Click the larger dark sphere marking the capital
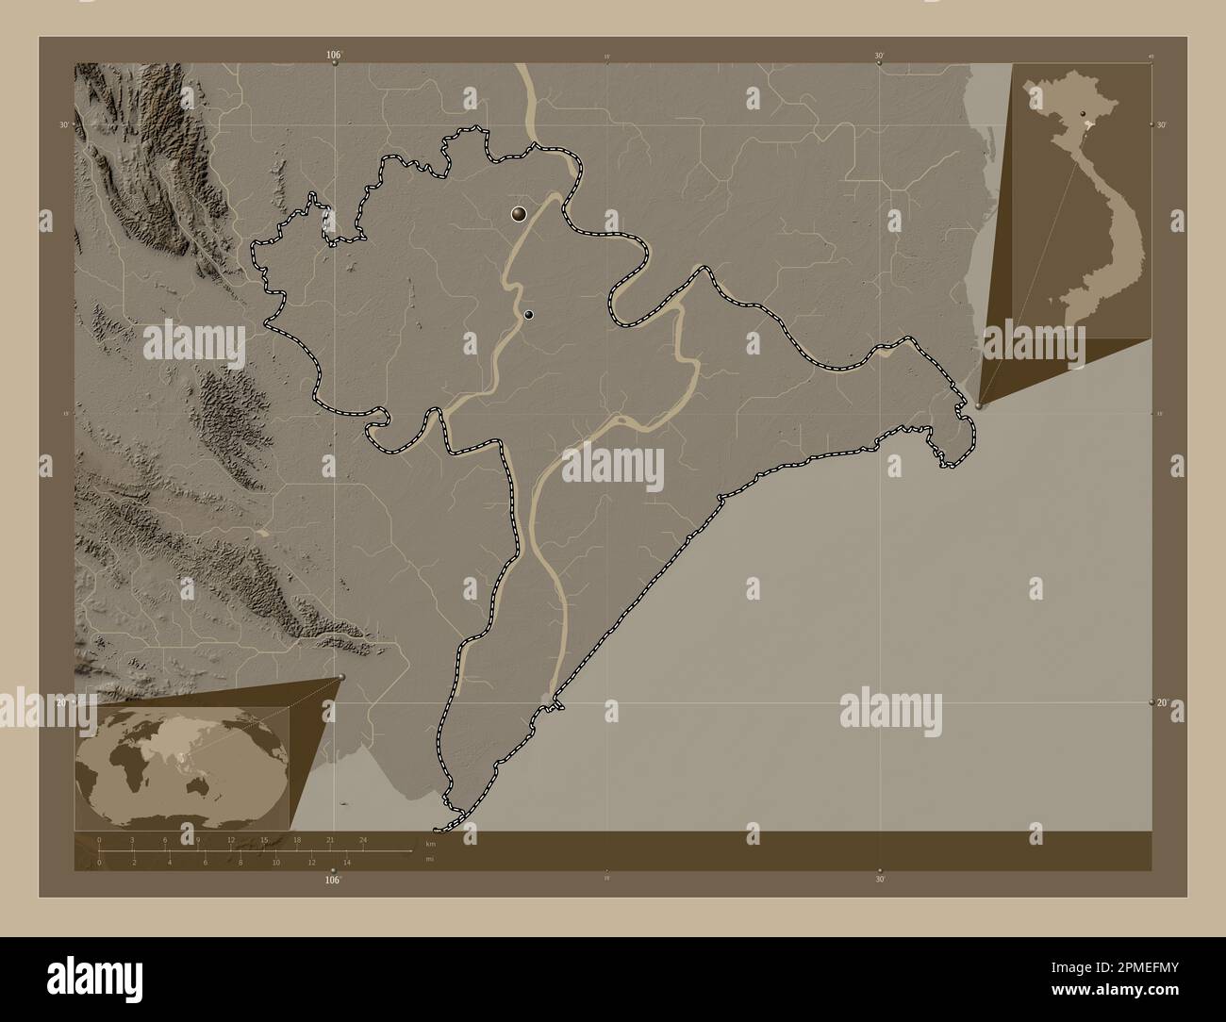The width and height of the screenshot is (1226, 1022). click(519, 214)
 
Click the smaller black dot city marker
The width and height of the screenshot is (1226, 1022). click(529, 315)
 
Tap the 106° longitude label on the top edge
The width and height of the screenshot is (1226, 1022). click(334, 56)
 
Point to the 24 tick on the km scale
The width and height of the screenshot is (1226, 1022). click(362, 839)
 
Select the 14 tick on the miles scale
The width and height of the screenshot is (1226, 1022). click(347, 862)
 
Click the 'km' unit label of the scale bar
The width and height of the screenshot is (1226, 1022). click(430, 843)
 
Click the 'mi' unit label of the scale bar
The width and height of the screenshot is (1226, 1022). click(430, 859)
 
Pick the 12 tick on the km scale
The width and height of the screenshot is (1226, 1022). click(231, 839)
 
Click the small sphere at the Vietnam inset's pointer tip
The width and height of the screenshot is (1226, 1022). click(979, 406)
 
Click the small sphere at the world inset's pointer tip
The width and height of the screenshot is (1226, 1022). click(341, 677)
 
